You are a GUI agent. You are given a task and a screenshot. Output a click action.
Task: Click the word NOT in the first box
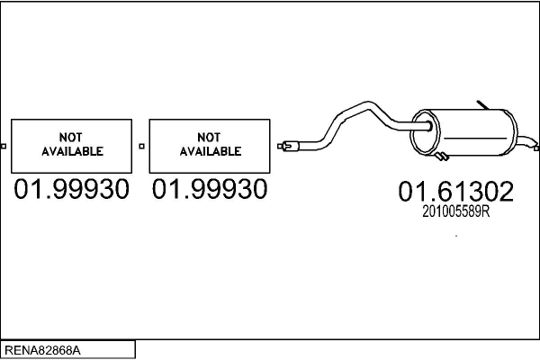70,138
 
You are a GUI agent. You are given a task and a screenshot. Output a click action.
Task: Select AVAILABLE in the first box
72,151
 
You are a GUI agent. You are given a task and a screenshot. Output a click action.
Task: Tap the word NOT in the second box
209,138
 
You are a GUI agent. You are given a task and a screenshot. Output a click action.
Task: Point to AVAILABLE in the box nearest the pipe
211,151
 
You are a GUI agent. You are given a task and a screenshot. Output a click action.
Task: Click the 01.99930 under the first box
71,189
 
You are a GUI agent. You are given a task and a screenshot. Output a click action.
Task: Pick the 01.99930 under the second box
210,189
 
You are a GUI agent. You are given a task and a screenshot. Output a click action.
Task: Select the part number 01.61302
456,191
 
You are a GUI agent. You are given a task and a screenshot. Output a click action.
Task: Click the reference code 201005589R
456,211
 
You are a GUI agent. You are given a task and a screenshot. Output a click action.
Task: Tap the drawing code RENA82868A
42,350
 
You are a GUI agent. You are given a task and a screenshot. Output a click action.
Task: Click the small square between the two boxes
141,146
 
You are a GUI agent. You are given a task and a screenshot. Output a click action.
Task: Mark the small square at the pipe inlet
280,146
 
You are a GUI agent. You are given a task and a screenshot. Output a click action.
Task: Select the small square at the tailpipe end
536,148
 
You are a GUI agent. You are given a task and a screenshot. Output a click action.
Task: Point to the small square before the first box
4,146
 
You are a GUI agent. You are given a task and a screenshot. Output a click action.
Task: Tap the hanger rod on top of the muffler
482,105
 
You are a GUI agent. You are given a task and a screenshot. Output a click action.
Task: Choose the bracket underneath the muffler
442,157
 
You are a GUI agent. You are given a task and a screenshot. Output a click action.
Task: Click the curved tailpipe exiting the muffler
526,141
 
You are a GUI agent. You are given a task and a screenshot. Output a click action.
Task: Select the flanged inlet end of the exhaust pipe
289,146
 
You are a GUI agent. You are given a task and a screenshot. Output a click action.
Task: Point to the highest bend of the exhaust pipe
368,104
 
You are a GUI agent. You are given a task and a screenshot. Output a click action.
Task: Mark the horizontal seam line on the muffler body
475,139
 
